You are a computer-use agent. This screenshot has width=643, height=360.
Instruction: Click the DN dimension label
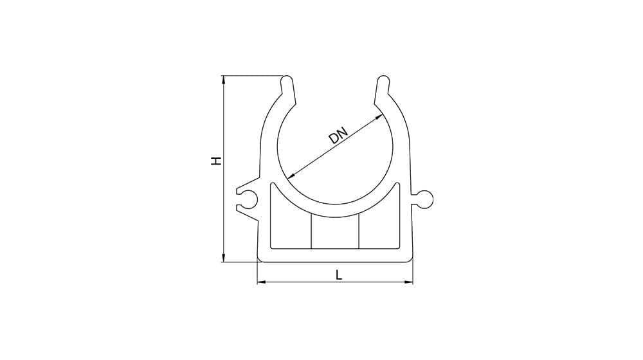338,136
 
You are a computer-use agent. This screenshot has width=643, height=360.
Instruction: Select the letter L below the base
339,274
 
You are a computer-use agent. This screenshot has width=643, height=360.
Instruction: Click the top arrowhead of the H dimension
224,80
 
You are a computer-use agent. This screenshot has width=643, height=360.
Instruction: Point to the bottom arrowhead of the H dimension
224,258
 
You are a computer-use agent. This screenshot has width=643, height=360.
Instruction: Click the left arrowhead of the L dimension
262,282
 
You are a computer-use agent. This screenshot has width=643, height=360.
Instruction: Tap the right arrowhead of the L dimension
408,282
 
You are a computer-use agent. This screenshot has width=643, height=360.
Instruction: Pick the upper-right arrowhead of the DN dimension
380,117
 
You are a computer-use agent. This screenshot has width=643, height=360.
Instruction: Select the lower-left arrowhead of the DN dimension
291,176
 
